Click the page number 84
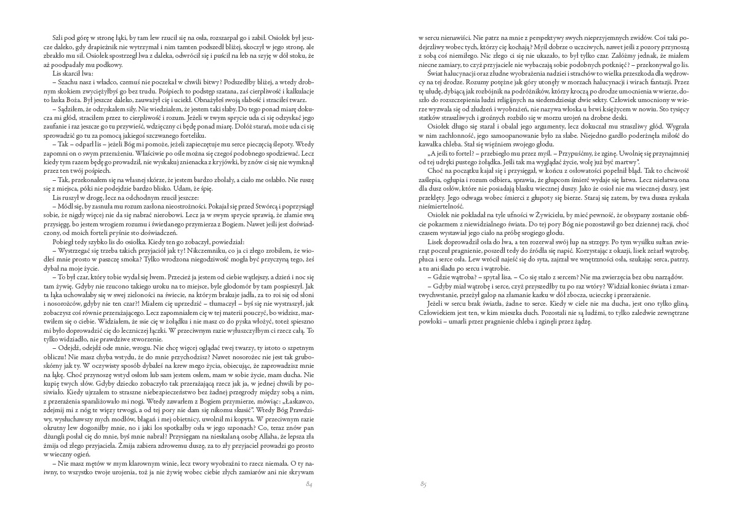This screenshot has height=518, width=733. (310, 485)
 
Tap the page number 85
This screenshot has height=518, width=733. (423, 485)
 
